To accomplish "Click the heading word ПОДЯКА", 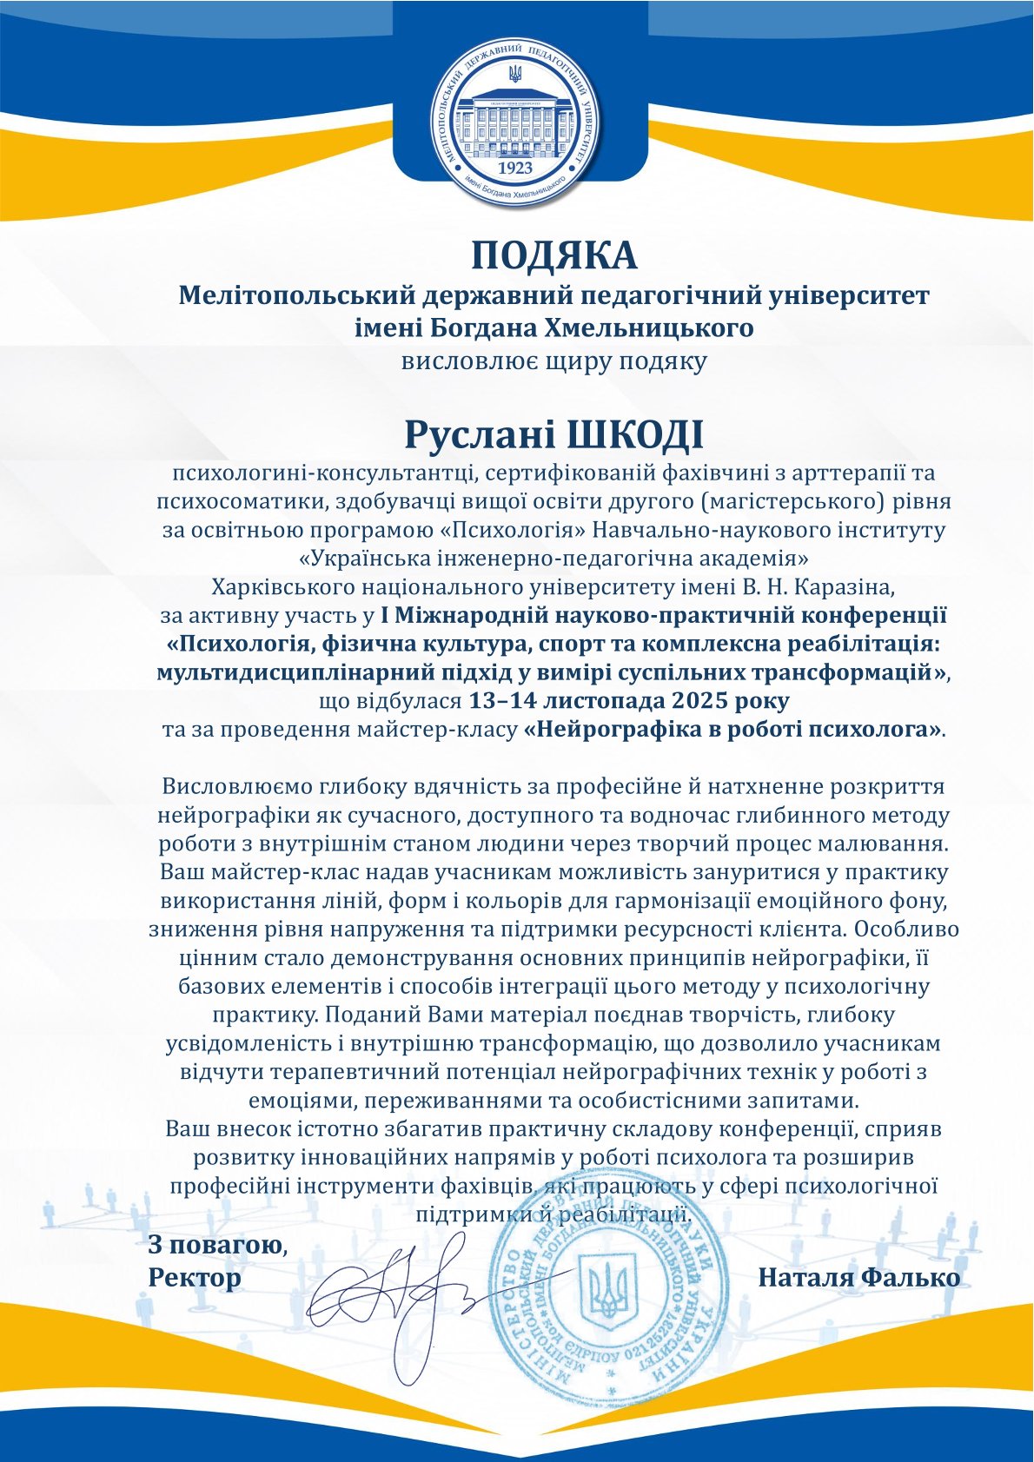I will tap(553, 256).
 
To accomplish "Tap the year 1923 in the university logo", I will tap(517, 167).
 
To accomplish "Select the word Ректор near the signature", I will tap(195, 1278).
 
